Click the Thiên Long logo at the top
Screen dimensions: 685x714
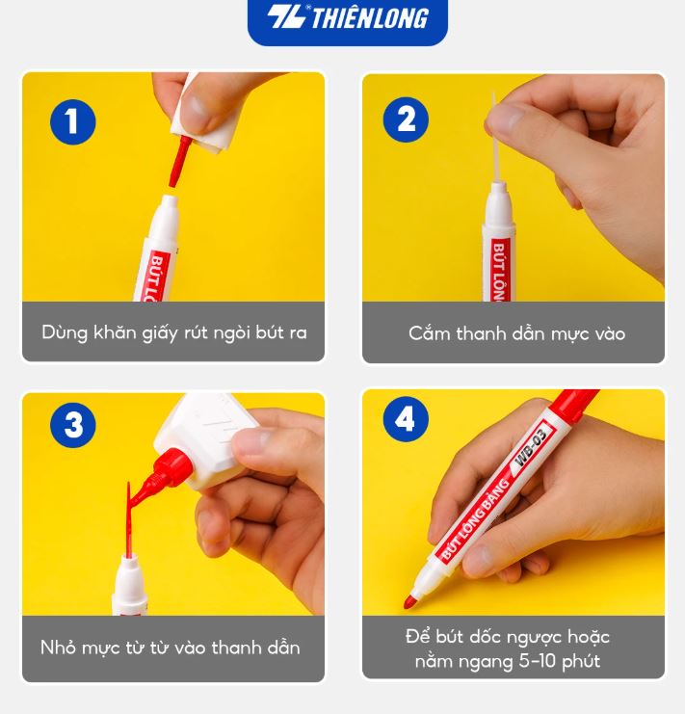[x=348, y=18]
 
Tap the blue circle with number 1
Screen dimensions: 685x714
[x=73, y=121]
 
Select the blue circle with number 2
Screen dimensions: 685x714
[x=406, y=119]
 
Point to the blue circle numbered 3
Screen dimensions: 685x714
[x=73, y=425]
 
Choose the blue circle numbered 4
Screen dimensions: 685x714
[x=406, y=419]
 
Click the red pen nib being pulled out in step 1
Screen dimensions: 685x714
[x=178, y=162]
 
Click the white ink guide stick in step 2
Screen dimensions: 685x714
[x=496, y=137]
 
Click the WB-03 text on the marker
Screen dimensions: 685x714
[x=530, y=448]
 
